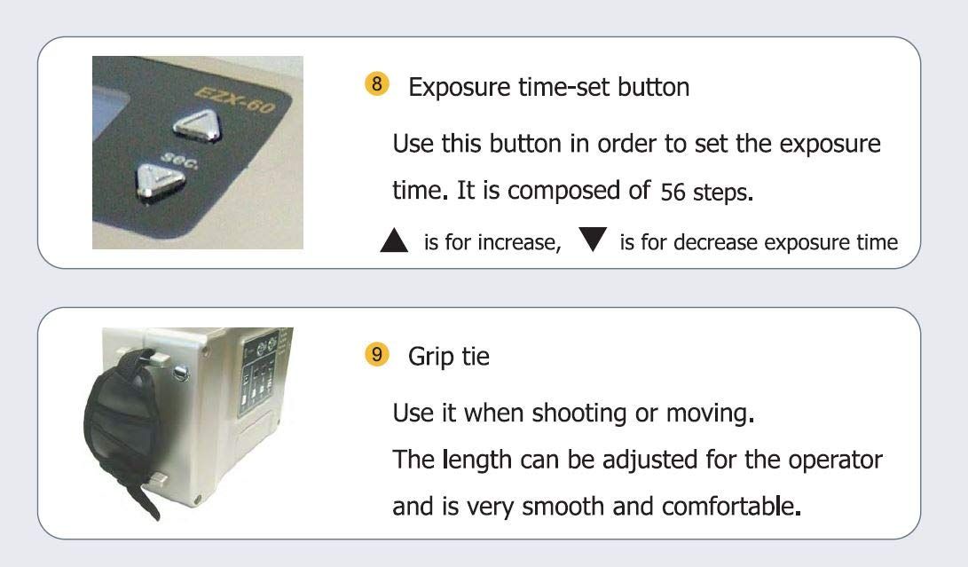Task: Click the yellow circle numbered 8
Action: point(376,83)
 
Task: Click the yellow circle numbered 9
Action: point(376,355)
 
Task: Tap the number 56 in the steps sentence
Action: point(673,192)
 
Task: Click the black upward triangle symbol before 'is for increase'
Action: point(394,240)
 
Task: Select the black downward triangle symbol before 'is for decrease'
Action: point(593,239)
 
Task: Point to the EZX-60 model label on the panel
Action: point(234,100)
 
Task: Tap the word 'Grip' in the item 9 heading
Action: point(431,358)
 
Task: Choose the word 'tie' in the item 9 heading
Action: point(476,357)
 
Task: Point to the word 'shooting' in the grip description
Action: point(579,413)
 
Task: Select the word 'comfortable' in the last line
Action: point(732,506)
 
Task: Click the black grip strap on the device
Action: point(123,426)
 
